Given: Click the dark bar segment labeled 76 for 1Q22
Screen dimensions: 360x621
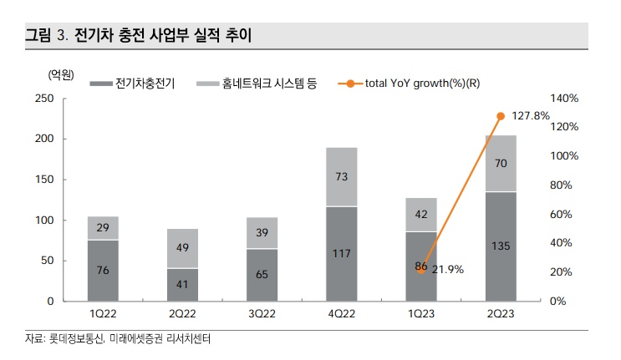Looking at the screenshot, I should click(x=103, y=270).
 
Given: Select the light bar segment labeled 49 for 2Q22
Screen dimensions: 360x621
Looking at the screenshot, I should click(x=182, y=248).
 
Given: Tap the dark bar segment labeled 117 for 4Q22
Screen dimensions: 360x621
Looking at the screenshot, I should click(x=341, y=253).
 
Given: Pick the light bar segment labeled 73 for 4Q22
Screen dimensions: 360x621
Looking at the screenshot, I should click(x=341, y=176).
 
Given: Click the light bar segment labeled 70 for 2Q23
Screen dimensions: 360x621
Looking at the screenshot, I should click(x=501, y=164).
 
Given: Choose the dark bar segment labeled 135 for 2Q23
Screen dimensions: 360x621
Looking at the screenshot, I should click(x=501, y=246).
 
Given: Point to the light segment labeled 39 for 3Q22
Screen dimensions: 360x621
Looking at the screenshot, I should click(x=262, y=233).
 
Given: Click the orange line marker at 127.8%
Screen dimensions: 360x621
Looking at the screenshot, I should click(x=501, y=116).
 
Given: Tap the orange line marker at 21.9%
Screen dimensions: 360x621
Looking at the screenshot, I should click(x=421, y=270).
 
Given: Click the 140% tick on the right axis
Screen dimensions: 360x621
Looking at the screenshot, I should click(x=562, y=99).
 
